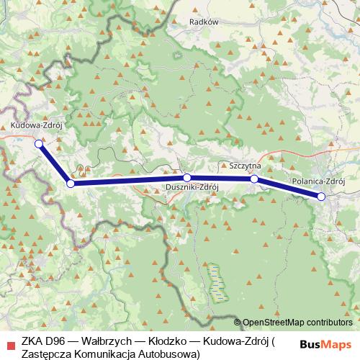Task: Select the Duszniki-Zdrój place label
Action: coord(186,188)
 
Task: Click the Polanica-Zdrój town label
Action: coord(320,183)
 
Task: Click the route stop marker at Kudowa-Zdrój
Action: coord(39,144)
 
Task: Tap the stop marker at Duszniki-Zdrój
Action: coord(186,177)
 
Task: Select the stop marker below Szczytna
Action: coord(254,179)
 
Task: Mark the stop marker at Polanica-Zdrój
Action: coord(321,197)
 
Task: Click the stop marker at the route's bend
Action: coord(70,184)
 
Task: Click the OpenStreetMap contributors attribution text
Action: coord(297,323)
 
